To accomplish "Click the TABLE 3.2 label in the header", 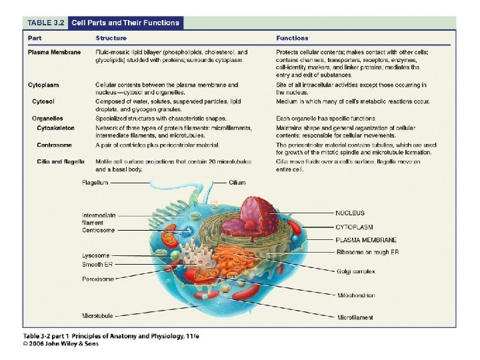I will (x=45, y=23).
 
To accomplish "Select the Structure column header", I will (x=111, y=38).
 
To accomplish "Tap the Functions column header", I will (x=292, y=38).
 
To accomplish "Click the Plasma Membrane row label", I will (x=54, y=52).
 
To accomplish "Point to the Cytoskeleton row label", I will (x=55, y=127).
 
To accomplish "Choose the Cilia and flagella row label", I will (x=63, y=161).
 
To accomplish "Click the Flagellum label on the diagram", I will (x=95, y=182).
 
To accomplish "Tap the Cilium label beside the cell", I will (x=237, y=182).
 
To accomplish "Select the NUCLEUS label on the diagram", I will (x=349, y=213).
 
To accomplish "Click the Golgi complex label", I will (x=355, y=271).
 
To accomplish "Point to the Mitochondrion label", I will (x=355, y=295).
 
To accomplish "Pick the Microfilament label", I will (x=356, y=317).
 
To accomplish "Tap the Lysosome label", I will (x=95, y=255).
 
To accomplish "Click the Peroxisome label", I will (x=97, y=279).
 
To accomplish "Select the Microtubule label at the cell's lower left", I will (x=97, y=315).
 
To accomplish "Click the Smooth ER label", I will (x=97, y=265).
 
